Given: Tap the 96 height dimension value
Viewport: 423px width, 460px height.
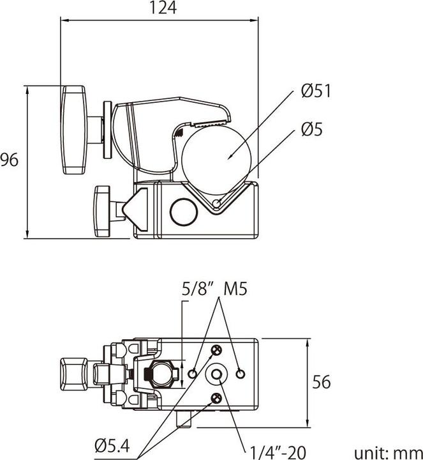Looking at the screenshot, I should [x=9, y=160].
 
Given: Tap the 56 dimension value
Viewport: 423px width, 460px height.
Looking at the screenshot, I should [x=322, y=382].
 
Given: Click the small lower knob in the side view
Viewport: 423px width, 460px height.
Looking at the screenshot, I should [x=102, y=210].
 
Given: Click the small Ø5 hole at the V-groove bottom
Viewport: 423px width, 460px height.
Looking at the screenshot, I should [x=218, y=204].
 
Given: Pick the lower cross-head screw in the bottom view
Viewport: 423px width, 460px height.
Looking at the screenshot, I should [x=216, y=399].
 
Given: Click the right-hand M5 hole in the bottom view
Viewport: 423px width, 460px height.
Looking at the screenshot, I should [x=241, y=374].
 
